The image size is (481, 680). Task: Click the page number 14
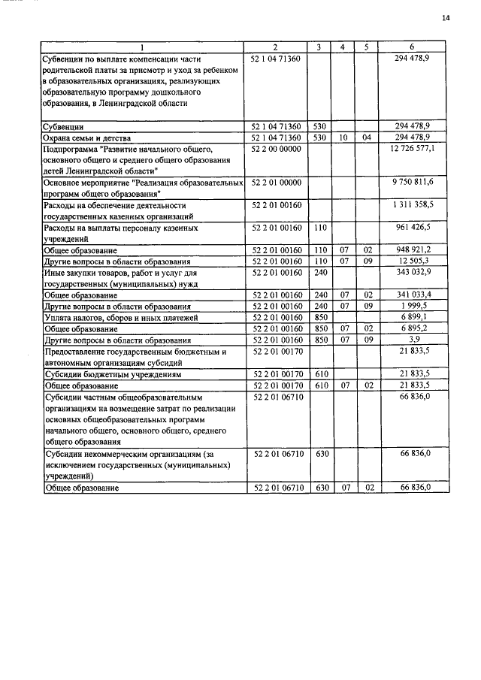click(x=446, y=17)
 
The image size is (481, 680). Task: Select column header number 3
click(x=319, y=47)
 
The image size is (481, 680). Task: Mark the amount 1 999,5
click(x=425, y=306)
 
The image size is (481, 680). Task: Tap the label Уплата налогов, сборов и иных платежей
click(x=110, y=317)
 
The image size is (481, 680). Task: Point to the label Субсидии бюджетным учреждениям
click(x=102, y=373)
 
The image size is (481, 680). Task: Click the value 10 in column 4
click(x=342, y=138)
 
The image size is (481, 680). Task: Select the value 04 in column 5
click(x=367, y=138)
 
